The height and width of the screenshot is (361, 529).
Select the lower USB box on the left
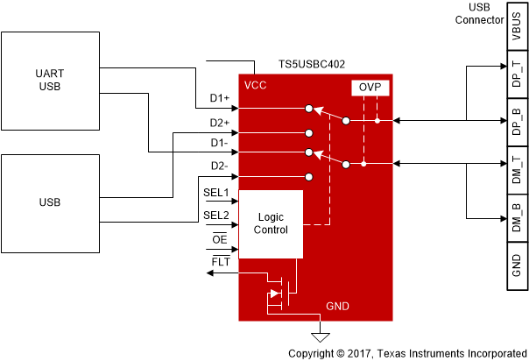(x=50, y=202)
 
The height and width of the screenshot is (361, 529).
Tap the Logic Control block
(x=271, y=223)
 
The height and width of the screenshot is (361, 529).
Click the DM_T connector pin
(x=515, y=166)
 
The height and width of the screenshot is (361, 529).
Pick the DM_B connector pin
(x=515, y=214)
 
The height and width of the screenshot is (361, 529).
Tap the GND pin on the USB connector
(x=515, y=261)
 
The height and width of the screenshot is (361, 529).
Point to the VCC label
(x=257, y=85)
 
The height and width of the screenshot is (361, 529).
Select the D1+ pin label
(x=219, y=100)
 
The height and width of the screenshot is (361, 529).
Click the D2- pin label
(x=219, y=166)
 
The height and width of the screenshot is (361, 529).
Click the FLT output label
(x=220, y=261)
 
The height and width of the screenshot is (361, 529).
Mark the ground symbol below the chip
(x=321, y=335)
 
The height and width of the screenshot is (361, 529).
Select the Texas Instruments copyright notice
(x=407, y=353)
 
